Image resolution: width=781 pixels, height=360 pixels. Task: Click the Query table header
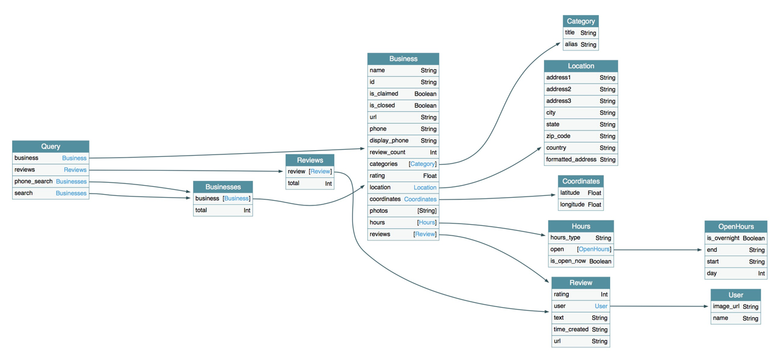(x=51, y=146)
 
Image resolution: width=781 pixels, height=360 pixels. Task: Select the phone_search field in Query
(x=34, y=182)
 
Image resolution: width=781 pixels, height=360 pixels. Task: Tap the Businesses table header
(x=222, y=187)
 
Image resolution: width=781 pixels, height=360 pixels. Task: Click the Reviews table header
(x=310, y=160)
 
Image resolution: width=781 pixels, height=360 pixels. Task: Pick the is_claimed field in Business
(x=384, y=94)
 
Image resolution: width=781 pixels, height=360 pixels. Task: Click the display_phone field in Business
(x=388, y=141)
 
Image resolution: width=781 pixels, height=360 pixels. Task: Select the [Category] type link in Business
(x=422, y=164)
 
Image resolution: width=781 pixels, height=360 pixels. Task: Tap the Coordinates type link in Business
(x=420, y=199)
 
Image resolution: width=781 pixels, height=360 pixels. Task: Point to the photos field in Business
(x=379, y=211)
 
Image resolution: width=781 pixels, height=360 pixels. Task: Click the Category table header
(x=580, y=21)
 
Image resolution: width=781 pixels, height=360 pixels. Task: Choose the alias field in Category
(x=571, y=44)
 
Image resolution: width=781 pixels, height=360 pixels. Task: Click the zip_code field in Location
(x=558, y=136)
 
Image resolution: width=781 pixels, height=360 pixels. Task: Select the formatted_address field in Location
(x=571, y=160)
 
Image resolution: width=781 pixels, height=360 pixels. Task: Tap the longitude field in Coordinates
(x=572, y=204)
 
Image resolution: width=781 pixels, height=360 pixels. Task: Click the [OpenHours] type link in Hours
(x=593, y=249)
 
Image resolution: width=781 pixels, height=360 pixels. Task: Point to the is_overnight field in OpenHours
(x=723, y=239)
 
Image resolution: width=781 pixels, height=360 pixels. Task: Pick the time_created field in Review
(x=571, y=329)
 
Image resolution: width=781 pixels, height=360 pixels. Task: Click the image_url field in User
(x=726, y=307)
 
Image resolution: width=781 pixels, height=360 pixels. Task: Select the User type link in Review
(x=601, y=307)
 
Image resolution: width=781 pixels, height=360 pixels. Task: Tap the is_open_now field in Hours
(x=568, y=261)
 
